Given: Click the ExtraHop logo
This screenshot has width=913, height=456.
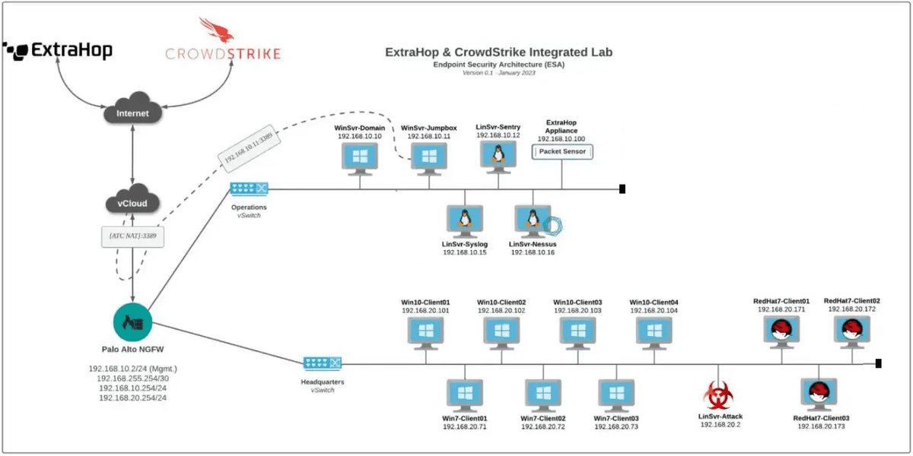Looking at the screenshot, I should coord(59,50).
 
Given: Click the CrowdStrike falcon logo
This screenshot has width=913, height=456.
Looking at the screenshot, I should coord(213,32).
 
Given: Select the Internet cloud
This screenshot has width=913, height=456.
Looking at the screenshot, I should coord(132,113).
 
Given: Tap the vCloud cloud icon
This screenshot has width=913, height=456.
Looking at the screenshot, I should coord(132,201).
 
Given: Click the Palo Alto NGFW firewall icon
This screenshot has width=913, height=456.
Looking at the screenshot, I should coord(133,324).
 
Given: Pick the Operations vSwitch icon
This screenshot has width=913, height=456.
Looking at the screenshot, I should coord(249,188).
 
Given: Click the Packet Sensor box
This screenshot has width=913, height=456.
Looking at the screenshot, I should coord(562,152).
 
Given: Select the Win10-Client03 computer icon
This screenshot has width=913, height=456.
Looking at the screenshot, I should coord(577,332).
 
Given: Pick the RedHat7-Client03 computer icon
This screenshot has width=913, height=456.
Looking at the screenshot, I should coord(819,394).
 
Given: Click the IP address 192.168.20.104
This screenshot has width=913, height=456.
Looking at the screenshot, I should coord(654,311).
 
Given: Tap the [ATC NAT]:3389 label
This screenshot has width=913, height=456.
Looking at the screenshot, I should coord(133,236).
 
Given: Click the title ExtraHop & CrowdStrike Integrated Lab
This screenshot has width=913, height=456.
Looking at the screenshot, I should coord(498,52).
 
